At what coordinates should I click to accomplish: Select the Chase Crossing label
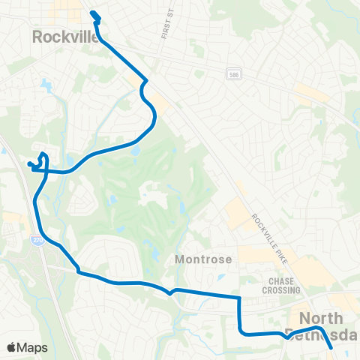pos(280,285)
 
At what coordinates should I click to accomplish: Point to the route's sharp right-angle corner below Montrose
pos(239,298)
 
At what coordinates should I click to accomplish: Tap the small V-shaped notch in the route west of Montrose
pos(172,292)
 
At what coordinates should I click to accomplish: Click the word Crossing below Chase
pos(281,290)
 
